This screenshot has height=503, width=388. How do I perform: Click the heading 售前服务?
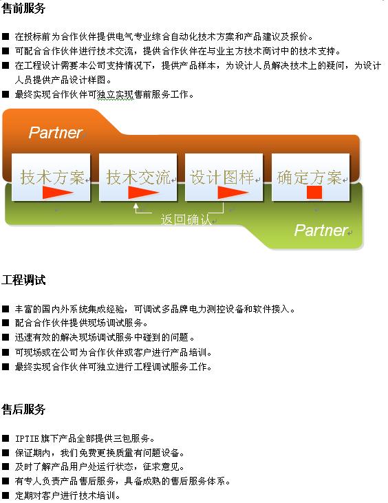click(x=23, y=8)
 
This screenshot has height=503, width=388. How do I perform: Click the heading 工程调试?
click(x=23, y=280)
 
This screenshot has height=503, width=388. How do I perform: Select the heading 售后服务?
click(x=23, y=409)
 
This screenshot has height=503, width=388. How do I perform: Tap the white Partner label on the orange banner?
click(x=56, y=133)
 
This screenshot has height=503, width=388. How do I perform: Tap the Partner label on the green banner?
click(x=321, y=230)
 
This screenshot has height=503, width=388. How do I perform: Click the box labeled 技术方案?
click(x=51, y=178)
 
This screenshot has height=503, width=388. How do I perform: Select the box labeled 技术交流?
click(x=138, y=178)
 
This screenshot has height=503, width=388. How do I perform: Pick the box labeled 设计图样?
click(x=224, y=178)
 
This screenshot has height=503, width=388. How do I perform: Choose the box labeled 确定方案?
click(x=310, y=178)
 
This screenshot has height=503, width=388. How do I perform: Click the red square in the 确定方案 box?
click(x=314, y=192)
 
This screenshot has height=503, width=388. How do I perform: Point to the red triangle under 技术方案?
click(x=58, y=193)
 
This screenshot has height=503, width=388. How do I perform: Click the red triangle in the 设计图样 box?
click(x=233, y=193)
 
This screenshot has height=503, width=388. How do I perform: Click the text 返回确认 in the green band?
click(x=186, y=220)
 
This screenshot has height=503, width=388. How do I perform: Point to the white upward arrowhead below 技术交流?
click(x=136, y=206)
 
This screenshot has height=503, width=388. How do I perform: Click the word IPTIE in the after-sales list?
click(x=27, y=438)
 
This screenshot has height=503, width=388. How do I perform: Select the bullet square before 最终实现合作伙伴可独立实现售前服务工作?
click(x=6, y=94)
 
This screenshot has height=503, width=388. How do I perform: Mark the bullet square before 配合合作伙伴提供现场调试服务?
click(x=6, y=323)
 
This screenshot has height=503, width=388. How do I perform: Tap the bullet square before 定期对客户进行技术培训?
click(x=6, y=495)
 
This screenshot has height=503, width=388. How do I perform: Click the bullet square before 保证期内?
click(x=6, y=453)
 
